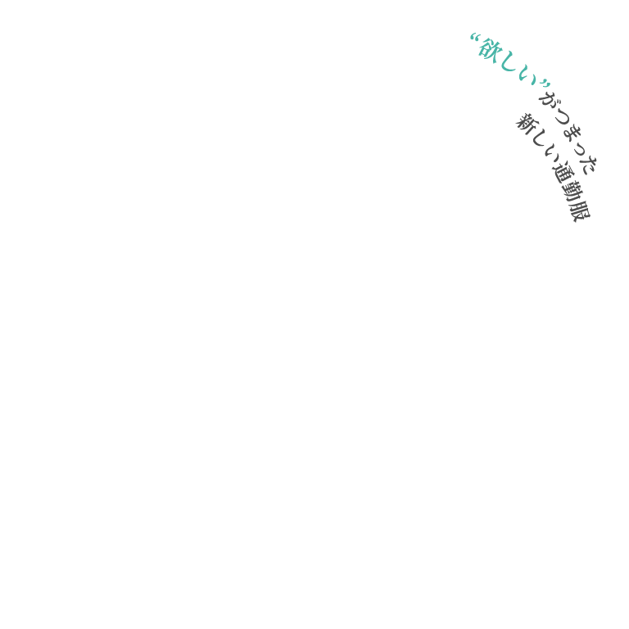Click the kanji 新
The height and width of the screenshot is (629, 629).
click(526, 124)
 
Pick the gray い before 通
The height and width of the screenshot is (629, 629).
click(550, 156)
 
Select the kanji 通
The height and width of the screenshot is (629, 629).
click(561, 173)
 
